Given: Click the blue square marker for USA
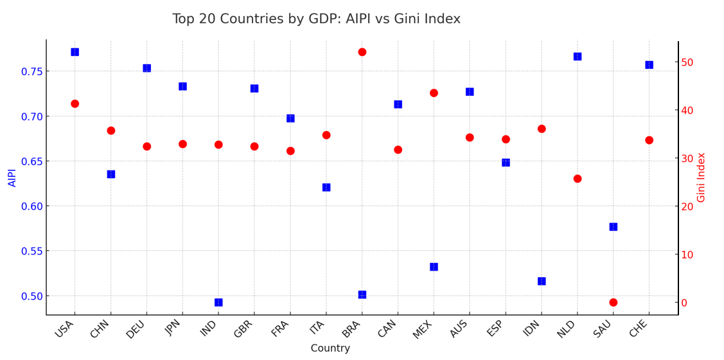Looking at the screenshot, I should pos(75,52).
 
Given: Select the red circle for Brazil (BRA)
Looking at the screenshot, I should pos(362,52).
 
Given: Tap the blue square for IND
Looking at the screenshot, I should pos(218,302).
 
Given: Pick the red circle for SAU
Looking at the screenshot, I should pos(613,302).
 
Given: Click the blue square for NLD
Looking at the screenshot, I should pos(577,57).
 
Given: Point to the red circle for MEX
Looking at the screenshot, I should pos(434,93).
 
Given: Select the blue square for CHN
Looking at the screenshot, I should pos(110,174).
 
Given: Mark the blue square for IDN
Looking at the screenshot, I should pos(542,281).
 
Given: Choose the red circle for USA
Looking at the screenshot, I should pos(75,104).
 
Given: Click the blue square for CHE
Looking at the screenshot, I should pos(649,65).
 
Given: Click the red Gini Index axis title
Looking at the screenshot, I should pos(702,177).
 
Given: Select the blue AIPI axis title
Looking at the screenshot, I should pos(13,177).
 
